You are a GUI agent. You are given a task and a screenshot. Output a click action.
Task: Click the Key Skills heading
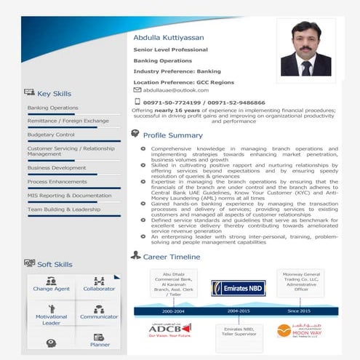tap(54, 93)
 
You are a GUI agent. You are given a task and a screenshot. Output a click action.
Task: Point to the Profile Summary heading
tap(172, 135)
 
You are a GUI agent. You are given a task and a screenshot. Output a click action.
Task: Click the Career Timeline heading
tap(171, 257)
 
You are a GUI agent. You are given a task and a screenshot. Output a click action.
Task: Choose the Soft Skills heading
tap(55, 265)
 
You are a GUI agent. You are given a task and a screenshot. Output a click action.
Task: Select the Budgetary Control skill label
tap(51, 135)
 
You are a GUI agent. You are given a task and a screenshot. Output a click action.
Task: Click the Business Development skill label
tap(57, 167)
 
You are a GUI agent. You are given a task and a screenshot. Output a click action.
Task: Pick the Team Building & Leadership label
tap(64, 209)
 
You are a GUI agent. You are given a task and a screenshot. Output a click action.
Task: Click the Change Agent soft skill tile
tap(51, 285)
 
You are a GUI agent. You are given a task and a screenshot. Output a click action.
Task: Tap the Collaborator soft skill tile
tap(99, 285)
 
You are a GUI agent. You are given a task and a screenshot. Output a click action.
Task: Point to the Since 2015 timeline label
tap(298, 311)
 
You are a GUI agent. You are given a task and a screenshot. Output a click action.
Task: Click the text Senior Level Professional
tap(170, 49)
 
